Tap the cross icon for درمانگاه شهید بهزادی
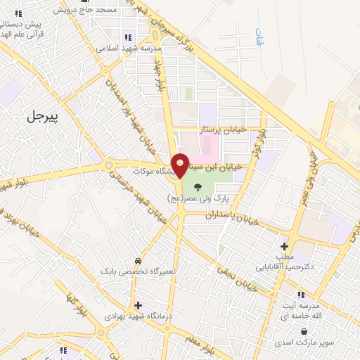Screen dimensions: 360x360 coord(138,305)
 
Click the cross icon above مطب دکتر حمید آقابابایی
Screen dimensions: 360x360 coord(284,246)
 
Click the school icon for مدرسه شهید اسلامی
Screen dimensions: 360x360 coord(127,37)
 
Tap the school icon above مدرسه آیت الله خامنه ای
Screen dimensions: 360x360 coord(301,294)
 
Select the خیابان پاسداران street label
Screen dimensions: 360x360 coord(232,216)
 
